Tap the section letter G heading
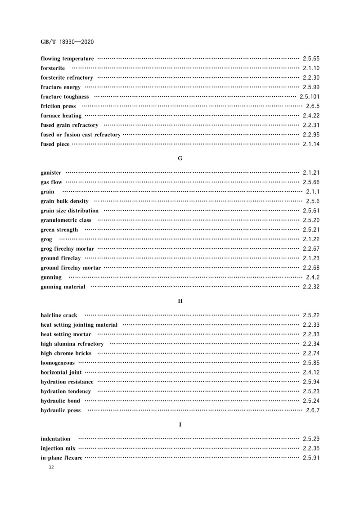(180, 158)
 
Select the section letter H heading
(180, 301)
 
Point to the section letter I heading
(180, 424)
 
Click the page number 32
(50, 468)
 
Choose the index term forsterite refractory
(67, 77)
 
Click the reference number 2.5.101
(309, 97)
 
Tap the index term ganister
(51, 173)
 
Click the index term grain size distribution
(69, 211)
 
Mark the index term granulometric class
(66, 220)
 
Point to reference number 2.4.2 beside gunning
(312, 277)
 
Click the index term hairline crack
(59, 315)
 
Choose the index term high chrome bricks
(66, 353)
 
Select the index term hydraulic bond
(60, 401)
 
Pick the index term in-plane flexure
(61, 458)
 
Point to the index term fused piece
(55, 144)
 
